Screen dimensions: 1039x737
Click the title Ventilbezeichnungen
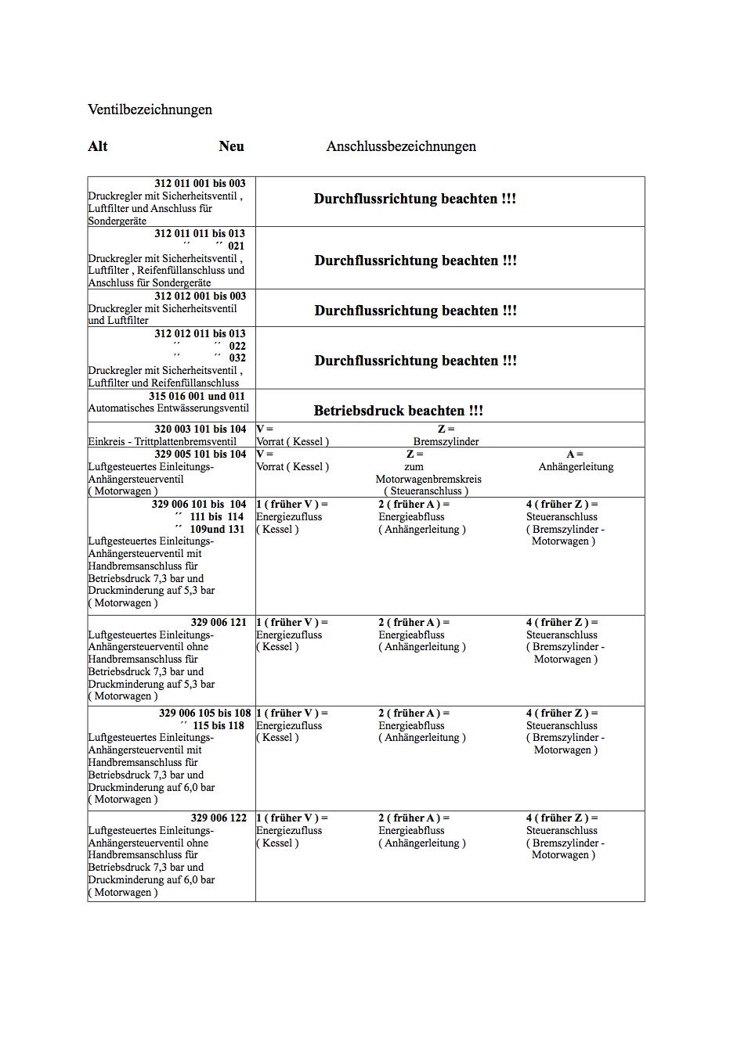click(150, 110)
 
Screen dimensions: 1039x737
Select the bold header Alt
click(98, 146)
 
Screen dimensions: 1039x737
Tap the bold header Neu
click(231, 146)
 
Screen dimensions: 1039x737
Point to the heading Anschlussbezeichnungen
click(401, 146)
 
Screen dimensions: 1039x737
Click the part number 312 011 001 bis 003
click(200, 184)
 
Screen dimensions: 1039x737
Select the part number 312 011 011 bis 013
click(200, 234)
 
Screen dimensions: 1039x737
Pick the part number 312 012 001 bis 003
click(200, 297)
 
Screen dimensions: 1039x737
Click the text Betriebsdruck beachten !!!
click(398, 411)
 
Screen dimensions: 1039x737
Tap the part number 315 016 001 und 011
click(197, 397)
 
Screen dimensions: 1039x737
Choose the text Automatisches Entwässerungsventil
click(168, 408)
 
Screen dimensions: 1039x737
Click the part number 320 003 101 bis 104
click(200, 430)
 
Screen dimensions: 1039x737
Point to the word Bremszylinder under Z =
click(446, 442)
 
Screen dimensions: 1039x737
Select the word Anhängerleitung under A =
click(576, 467)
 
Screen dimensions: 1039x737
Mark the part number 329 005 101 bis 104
click(200, 455)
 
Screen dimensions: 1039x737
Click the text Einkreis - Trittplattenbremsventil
click(162, 442)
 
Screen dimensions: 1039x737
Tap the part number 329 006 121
click(219, 623)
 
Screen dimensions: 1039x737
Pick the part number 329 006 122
click(219, 818)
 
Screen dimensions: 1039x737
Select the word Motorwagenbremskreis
click(428, 480)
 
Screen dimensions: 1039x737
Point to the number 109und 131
click(217, 530)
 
